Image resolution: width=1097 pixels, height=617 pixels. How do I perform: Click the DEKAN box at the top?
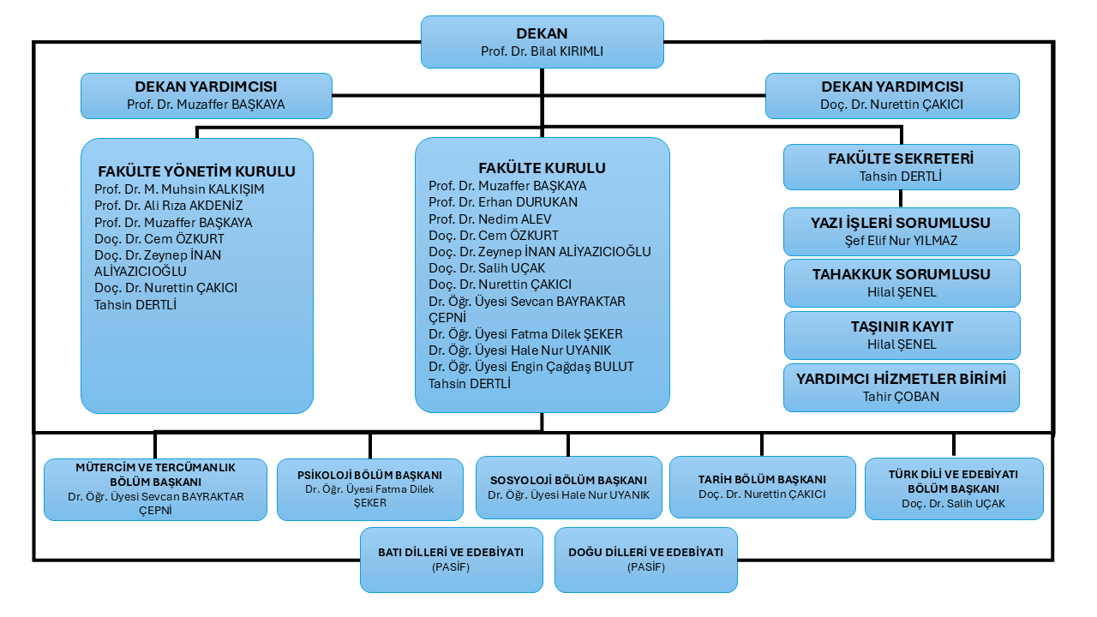[543, 42]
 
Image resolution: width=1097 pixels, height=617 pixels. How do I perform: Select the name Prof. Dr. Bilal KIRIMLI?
[543, 51]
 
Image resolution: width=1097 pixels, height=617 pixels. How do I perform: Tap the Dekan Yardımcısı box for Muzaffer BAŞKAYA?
[207, 96]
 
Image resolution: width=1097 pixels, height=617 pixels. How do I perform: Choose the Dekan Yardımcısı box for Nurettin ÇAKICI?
[892, 96]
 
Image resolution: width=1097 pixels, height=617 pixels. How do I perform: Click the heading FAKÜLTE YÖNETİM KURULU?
[197, 171]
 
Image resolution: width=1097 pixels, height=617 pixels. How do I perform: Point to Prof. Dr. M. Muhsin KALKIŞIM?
[179, 189]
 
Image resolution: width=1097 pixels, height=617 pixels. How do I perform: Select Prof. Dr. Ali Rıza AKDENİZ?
[169, 206]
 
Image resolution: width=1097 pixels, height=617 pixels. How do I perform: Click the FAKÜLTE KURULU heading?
[543, 168]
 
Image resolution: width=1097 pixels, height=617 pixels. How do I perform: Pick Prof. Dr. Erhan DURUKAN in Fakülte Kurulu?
[503, 202]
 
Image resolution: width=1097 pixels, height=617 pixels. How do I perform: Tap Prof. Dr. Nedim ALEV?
[489, 219]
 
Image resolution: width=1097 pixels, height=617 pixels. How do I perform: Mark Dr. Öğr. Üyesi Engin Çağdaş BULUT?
[531, 367]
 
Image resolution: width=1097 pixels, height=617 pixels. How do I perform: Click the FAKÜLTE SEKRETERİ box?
[901, 167]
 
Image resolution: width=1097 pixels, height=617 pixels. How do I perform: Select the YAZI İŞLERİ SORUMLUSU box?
[901, 231]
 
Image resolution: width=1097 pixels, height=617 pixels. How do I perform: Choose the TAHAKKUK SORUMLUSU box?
[902, 283]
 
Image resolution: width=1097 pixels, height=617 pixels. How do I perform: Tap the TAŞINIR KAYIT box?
[902, 335]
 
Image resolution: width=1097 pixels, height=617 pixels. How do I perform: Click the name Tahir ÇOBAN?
[901, 397]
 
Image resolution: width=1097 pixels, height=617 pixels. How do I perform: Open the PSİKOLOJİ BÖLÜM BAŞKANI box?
[369, 489]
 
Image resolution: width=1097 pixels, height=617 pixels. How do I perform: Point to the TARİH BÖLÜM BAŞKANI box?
[762, 487]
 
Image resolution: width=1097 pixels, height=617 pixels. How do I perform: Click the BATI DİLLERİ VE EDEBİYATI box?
[451, 560]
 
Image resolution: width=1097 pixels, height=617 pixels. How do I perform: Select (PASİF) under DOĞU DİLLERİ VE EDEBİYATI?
[646, 567]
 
